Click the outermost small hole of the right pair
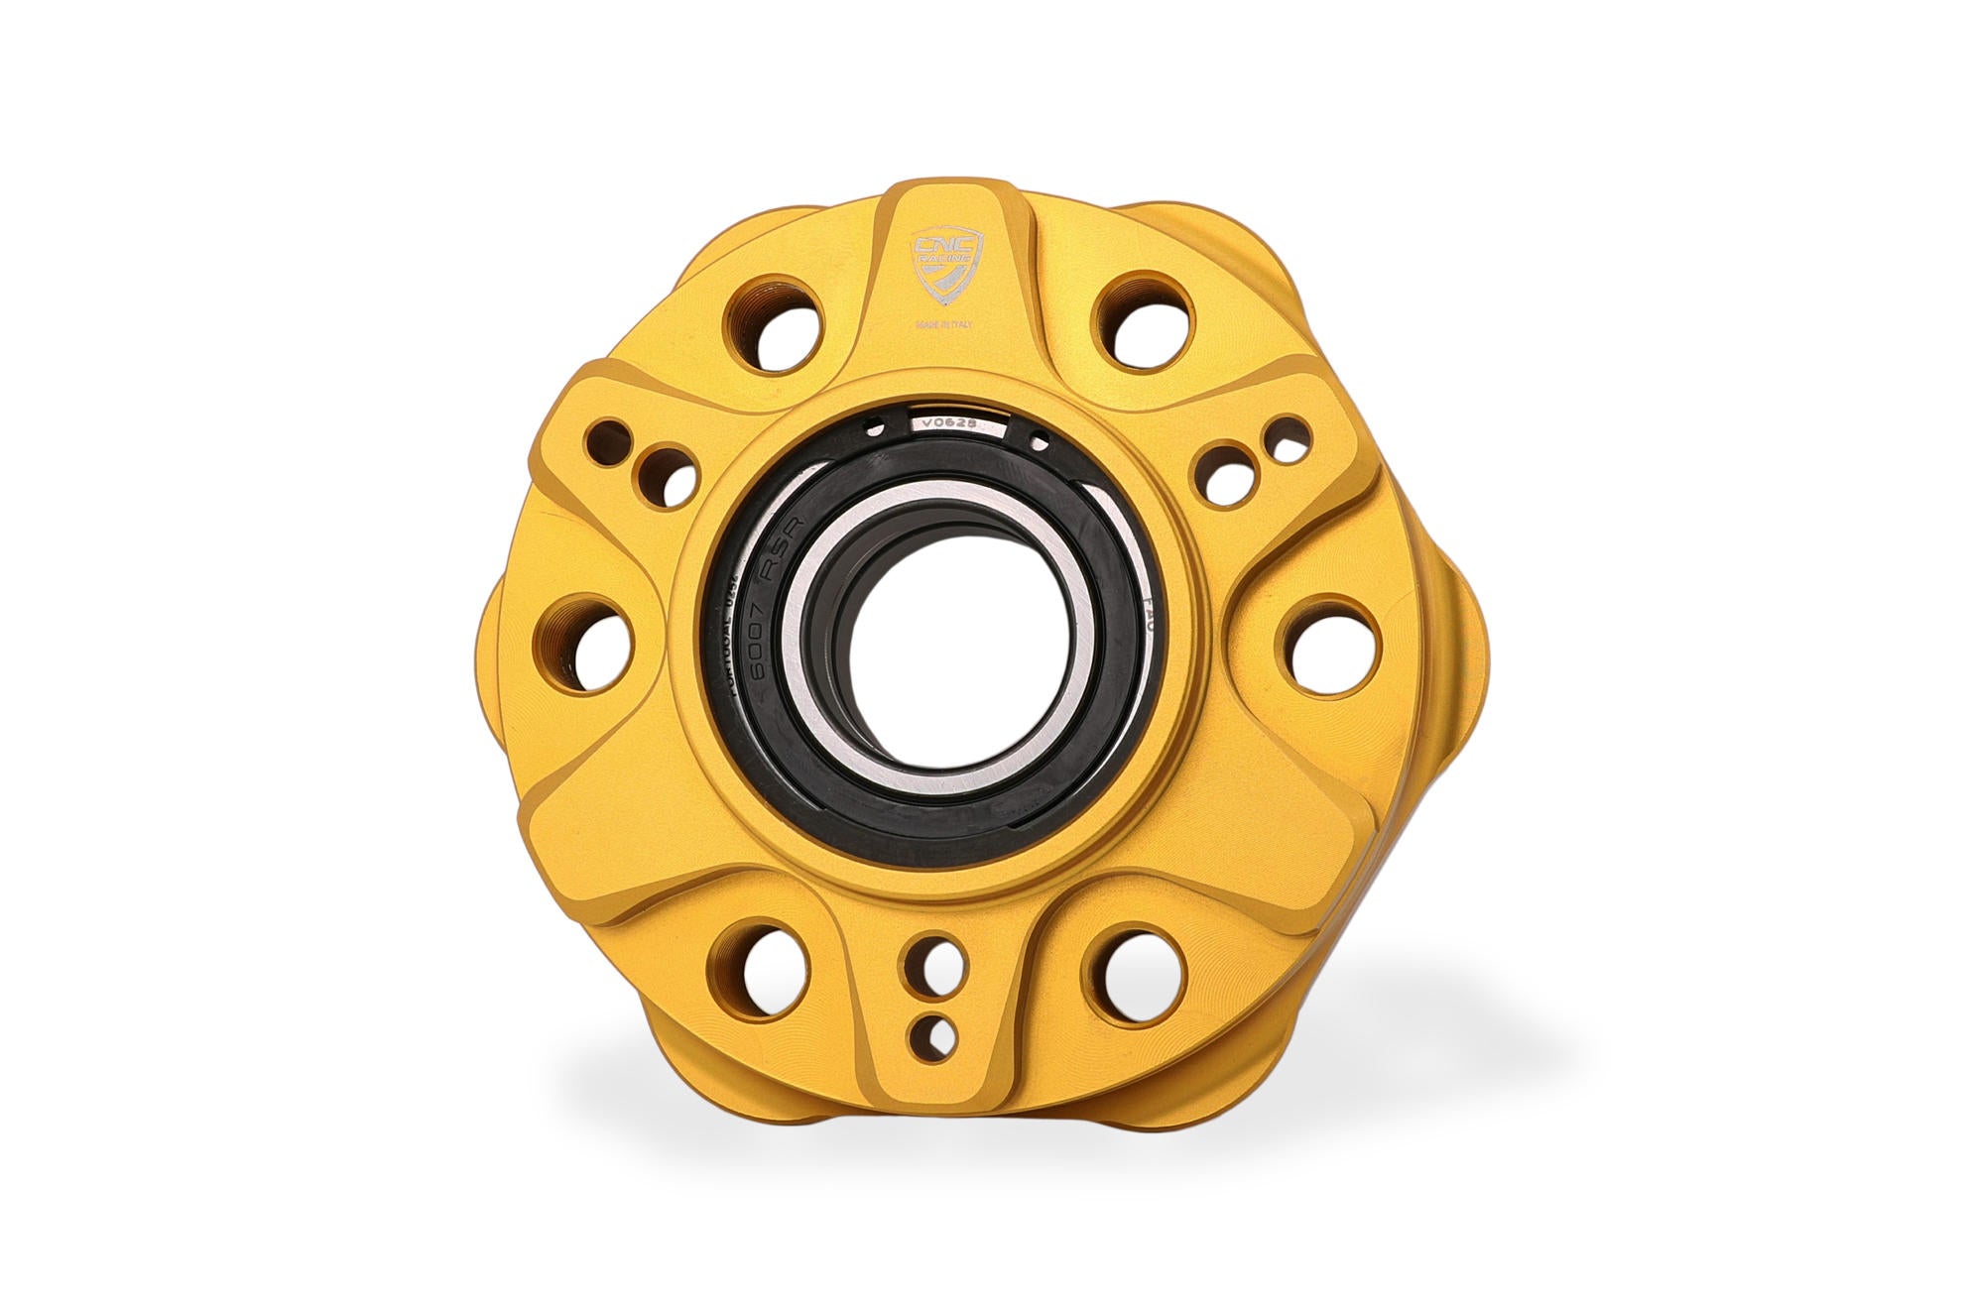pos(1291,441)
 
